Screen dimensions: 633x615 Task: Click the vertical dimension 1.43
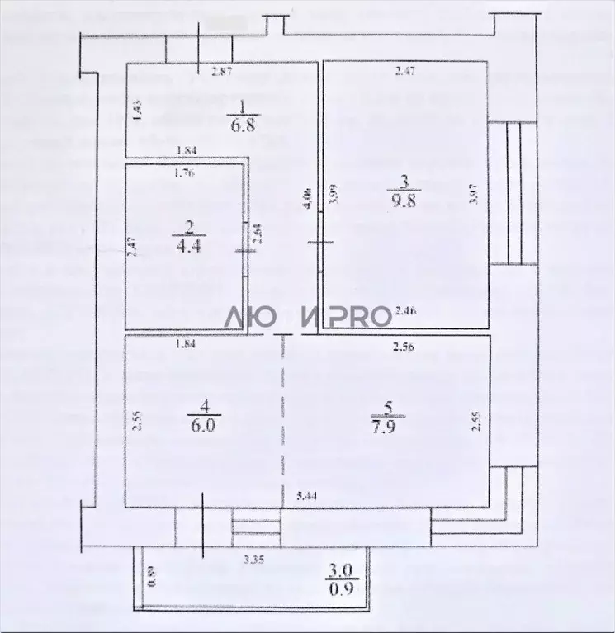[138, 110]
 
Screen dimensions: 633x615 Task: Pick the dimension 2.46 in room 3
[405, 310]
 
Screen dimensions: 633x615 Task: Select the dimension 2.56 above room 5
[404, 347]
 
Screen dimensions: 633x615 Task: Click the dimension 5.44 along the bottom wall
[307, 497]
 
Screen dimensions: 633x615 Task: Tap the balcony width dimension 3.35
[253, 561]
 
